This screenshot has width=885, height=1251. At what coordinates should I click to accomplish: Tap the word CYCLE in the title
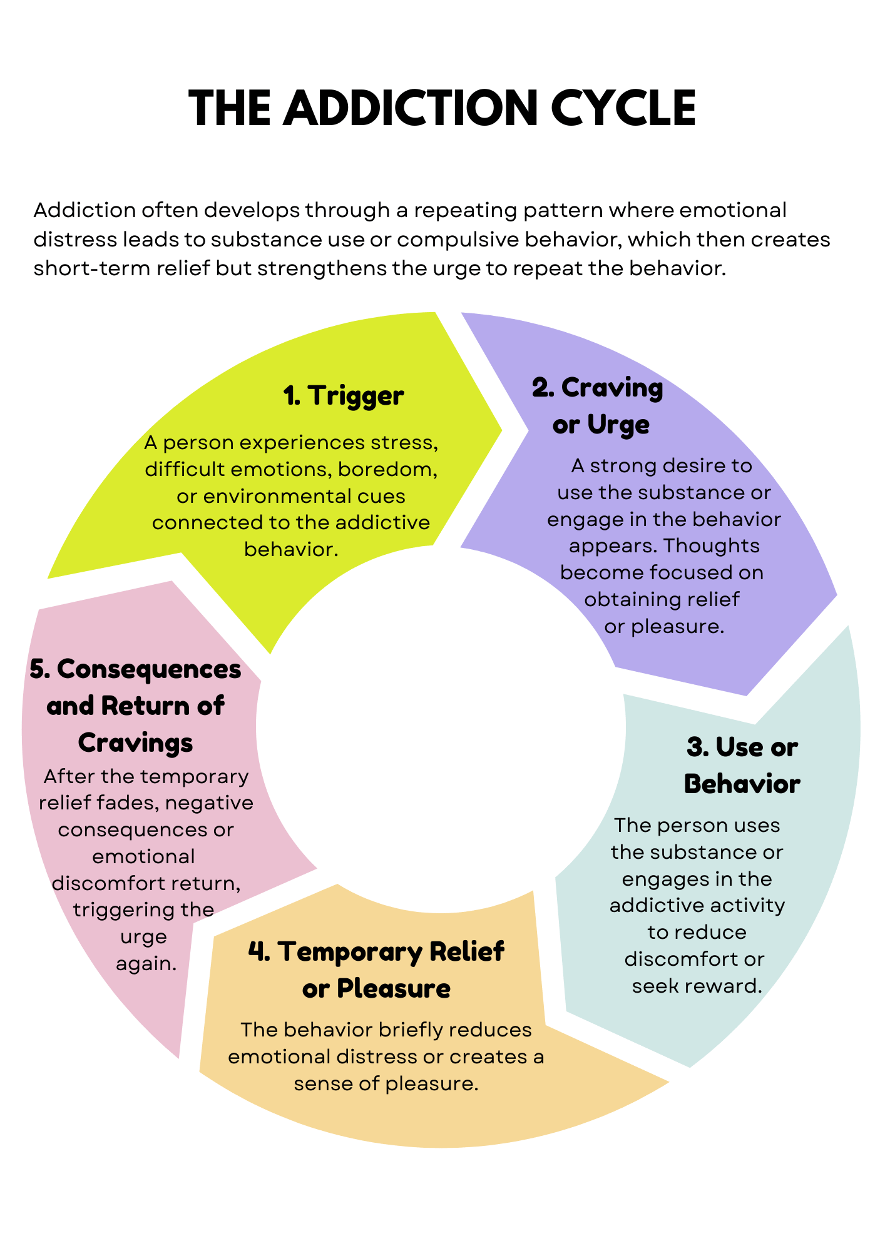click(x=623, y=108)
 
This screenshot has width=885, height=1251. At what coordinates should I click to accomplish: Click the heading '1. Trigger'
click(x=344, y=395)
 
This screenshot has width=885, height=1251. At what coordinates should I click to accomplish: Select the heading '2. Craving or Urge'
click(x=598, y=406)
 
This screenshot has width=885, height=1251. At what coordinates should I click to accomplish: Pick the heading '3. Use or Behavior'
click(x=742, y=766)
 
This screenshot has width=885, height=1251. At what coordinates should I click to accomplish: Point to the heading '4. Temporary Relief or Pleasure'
click(x=376, y=970)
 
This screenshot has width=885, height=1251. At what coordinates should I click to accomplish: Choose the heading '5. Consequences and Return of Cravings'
click(x=135, y=706)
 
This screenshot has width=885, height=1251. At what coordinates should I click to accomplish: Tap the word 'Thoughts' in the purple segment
click(x=711, y=546)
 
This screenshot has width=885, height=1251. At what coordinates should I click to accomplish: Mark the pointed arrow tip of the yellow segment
click(x=501, y=430)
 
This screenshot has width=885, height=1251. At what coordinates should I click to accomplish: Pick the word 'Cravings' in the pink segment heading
click(x=135, y=743)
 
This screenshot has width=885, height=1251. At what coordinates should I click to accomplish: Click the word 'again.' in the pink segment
click(x=146, y=964)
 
